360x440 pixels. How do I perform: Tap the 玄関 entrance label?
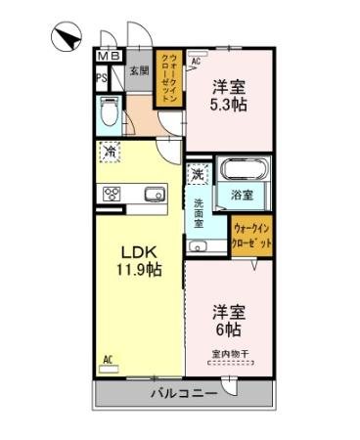[139, 70]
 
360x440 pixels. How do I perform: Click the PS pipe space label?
[102, 78]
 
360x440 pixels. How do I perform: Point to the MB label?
[108, 57]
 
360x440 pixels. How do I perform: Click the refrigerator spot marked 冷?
[110, 153]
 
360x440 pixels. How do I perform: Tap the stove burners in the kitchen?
[111, 193]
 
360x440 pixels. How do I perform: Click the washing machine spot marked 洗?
[198, 175]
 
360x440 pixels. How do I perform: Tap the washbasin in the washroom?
[199, 246]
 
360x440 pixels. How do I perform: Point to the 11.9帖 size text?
[139, 269]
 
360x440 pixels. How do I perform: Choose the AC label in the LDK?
[108, 359]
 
